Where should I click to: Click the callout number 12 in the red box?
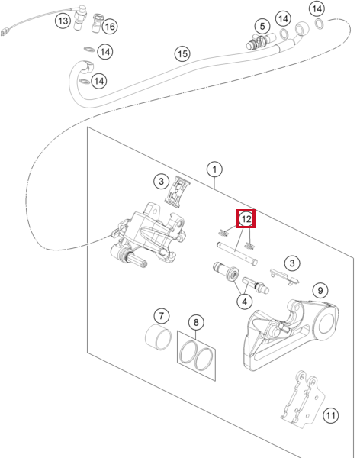pyautogui.click(x=246, y=218)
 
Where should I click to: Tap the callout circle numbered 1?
pyautogui.click(x=214, y=169)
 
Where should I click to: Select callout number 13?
pyautogui.click(x=63, y=21)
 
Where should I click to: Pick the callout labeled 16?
pyautogui.click(x=110, y=27)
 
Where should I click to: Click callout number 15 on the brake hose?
pyautogui.click(x=182, y=53)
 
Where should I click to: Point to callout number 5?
pyautogui.click(x=262, y=26)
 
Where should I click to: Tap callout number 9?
pyautogui.click(x=320, y=290)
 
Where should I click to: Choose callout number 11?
pyautogui.click(x=330, y=415)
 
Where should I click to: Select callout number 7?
pyautogui.click(x=162, y=315)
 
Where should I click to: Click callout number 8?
pyautogui.click(x=196, y=322)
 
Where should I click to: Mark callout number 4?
pyautogui.click(x=245, y=302)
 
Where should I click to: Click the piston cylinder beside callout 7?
pyautogui.click(x=158, y=337)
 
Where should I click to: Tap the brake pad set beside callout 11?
pyautogui.click(x=302, y=398)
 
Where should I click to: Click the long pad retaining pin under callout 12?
pyautogui.click(x=236, y=253)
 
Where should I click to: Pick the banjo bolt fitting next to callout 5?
pyautogui.click(x=260, y=42)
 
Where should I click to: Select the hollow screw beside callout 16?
pyautogui.click(x=97, y=23)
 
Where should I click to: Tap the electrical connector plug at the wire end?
pyautogui.click(x=5, y=31)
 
